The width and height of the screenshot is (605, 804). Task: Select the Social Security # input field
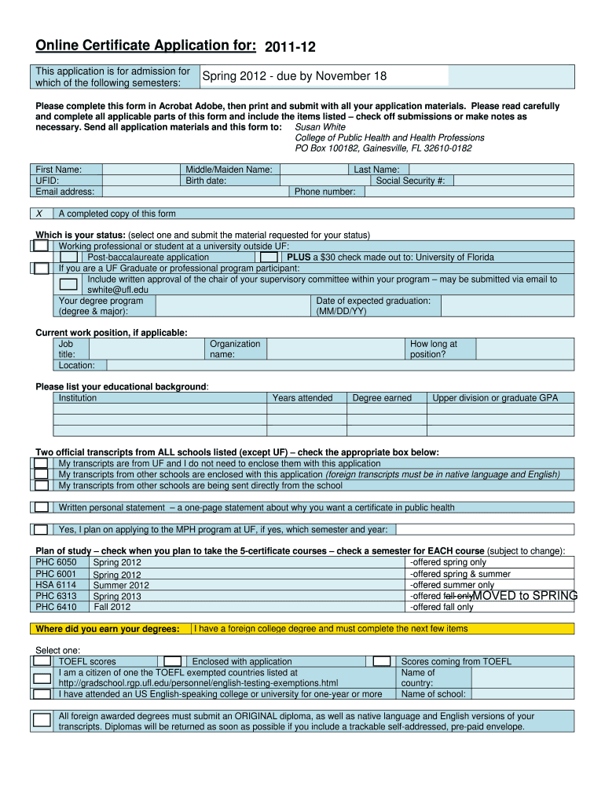(x=511, y=181)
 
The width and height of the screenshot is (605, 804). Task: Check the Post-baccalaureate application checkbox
(x=68, y=257)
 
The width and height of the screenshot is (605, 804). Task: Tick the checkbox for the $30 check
(x=269, y=257)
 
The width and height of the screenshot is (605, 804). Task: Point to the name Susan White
(x=320, y=126)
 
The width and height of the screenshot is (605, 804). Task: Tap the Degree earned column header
(x=382, y=398)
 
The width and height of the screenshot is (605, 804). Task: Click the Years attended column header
(x=302, y=398)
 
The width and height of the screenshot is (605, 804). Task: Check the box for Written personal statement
(x=41, y=507)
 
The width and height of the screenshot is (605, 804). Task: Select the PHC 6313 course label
(x=57, y=596)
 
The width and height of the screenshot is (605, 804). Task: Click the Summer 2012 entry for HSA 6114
(x=121, y=585)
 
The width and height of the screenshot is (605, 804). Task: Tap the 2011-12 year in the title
(x=290, y=47)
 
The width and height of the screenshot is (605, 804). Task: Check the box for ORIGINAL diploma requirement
(x=42, y=720)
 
